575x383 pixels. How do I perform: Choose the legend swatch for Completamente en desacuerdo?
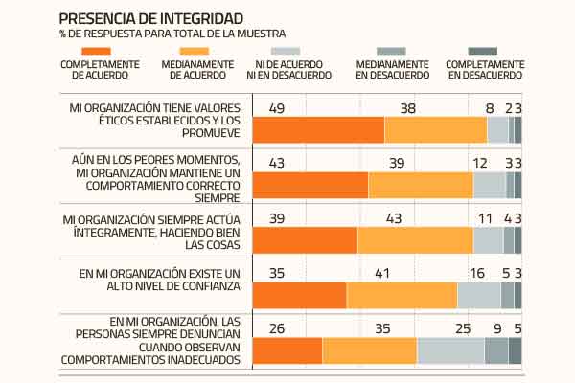point(485,50)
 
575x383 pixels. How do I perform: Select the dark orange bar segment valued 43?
point(310,185)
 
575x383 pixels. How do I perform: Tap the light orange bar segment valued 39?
point(420,185)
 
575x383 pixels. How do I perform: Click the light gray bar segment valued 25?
point(449,351)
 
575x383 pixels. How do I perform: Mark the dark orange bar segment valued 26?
point(287,351)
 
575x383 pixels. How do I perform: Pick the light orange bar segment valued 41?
point(402,296)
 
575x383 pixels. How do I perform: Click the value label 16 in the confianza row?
point(477,274)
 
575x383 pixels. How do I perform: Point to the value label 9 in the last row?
point(496,328)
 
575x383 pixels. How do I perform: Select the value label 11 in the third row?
point(486,218)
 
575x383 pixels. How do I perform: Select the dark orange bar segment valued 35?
point(299,296)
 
